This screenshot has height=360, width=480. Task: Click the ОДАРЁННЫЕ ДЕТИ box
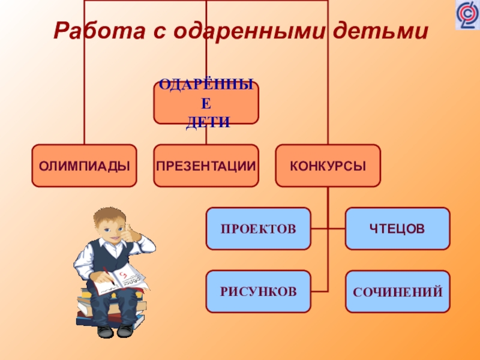[206, 103]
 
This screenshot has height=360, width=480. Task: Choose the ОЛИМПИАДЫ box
[84, 165]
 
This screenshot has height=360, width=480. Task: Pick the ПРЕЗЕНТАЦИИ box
[206, 165]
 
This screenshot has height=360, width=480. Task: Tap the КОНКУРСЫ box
[328, 165]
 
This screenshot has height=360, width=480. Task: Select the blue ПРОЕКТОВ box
[258, 229]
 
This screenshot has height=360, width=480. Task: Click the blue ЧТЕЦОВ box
[397, 229]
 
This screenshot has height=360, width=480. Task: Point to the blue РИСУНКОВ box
[258, 292]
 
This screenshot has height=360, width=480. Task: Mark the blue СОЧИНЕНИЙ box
[397, 292]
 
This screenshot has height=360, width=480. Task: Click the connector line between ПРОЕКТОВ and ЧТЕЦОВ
[328, 229]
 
